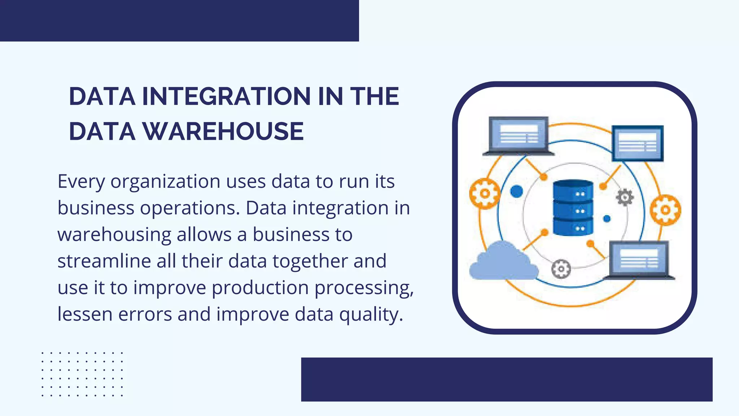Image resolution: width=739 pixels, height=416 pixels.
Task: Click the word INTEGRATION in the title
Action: [x=226, y=96]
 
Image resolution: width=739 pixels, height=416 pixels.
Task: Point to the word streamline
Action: [x=104, y=261]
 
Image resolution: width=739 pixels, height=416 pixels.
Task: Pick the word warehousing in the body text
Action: [x=114, y=234]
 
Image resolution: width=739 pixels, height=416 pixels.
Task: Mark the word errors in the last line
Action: [x=145, y=314]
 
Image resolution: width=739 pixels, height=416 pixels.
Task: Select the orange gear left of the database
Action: [x=485, y=194]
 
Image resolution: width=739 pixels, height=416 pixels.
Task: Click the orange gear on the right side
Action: [x=665, y=210]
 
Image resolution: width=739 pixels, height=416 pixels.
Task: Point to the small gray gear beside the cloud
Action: [x=561, y=269]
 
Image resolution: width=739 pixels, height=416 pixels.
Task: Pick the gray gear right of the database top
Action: [x=625, y=198]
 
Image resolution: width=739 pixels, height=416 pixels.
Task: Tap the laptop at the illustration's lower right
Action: [x=639, y=260]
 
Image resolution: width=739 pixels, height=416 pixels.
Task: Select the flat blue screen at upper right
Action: [x=638, y=143]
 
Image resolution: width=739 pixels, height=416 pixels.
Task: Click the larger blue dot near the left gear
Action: [x=516, y=191]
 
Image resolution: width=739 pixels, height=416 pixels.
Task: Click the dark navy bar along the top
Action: [x=179, y=21]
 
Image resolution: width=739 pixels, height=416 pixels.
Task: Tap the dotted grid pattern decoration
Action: [x=82, y=374]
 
